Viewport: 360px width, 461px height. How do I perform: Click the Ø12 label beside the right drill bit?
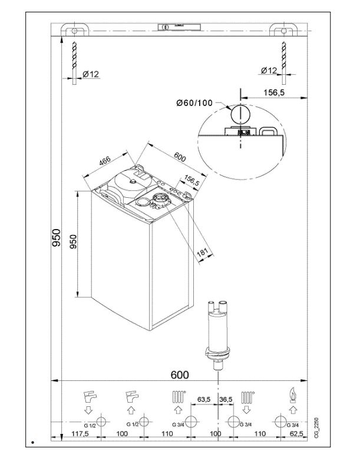268,71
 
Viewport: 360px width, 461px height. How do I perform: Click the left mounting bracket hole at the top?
74,29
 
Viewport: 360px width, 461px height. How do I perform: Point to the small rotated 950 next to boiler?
74,242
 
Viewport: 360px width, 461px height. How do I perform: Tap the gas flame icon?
291,395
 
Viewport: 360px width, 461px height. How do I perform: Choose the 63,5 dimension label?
204,400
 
